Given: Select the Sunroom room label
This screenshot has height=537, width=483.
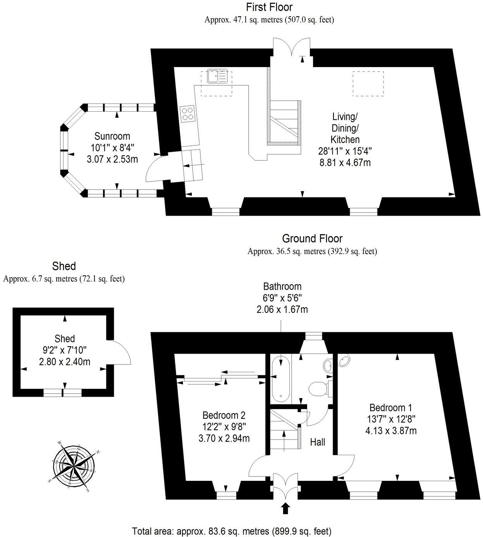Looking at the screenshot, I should (112, 136).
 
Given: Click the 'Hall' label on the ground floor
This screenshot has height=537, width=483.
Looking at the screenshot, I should (317, 442).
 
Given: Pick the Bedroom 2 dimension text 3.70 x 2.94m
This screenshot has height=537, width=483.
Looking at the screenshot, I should (224, 439).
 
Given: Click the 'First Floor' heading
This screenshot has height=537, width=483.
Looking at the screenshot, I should (269, 7).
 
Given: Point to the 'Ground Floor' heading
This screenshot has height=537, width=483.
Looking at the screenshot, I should (312, 238).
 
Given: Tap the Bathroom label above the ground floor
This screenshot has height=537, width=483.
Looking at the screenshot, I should (282, 287).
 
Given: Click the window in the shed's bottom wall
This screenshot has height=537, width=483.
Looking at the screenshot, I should (62, 393).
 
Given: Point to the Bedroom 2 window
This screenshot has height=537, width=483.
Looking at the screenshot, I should (226, 496).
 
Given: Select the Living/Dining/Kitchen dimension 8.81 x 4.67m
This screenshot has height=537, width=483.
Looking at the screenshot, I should (345, 162).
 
